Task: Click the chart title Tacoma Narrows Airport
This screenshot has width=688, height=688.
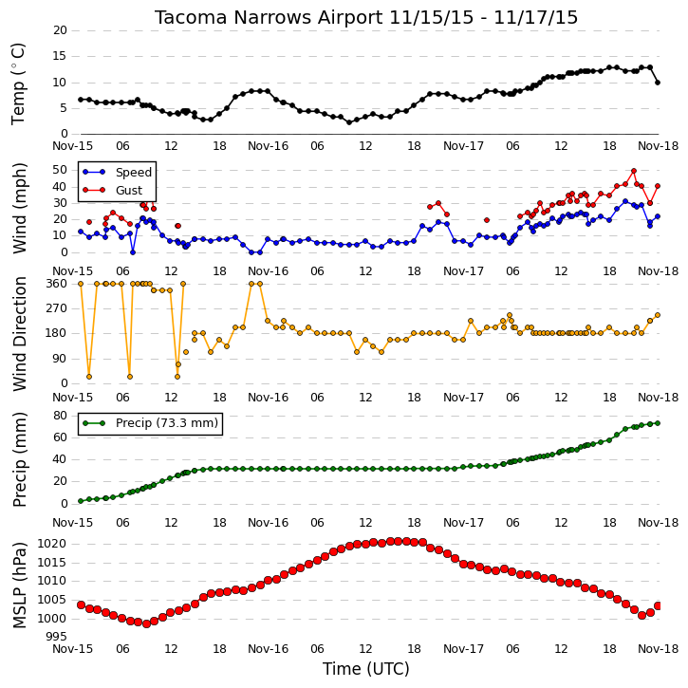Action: (269, 17)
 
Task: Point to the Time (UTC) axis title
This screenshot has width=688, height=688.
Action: (366, 669)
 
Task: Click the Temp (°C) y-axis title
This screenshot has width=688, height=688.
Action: (18, 84)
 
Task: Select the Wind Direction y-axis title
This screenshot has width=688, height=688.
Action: (19, 334)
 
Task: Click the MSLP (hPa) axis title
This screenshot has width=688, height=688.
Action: (19, 586)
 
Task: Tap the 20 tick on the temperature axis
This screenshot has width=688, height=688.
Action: (60, 30)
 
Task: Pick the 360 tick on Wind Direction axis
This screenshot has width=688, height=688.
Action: (57, 284)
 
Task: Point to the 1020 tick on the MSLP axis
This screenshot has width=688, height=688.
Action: (52, 544)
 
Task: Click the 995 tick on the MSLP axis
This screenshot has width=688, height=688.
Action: (56, 637)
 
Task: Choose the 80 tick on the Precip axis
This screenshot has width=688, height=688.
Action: (60, 416)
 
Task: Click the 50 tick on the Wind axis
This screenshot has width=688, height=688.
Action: (60, 170)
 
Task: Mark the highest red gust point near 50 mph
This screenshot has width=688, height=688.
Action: (634, 171)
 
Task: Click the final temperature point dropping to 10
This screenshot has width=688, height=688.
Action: (658, 83)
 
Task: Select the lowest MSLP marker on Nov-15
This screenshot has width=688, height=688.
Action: (146, 623)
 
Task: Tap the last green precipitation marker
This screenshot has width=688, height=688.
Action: (658, 423)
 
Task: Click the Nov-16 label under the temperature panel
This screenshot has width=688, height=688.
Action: (269, 146)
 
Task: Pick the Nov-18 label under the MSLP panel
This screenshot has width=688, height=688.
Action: (659, 648)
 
